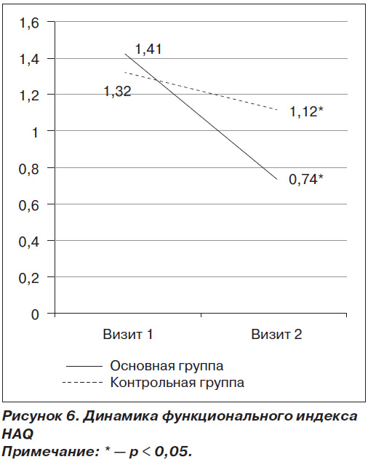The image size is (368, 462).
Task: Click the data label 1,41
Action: (148, 49)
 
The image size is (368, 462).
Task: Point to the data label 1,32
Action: (117, 92)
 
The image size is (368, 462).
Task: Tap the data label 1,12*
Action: (306, 112)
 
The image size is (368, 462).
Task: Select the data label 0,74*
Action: (306, 180)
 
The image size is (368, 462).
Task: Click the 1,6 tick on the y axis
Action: (29, 23)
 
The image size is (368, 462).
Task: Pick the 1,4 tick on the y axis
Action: (29, 60)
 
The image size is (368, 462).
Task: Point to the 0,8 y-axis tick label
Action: (29, 169)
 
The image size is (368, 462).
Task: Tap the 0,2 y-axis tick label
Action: (29, 278)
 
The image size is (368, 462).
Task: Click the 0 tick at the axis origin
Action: (35, 314)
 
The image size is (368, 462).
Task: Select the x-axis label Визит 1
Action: (128, 335)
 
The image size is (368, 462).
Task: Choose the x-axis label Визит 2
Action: (276, 335)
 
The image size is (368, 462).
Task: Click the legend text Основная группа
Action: (167, 366)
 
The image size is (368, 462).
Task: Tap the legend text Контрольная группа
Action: (177, 383)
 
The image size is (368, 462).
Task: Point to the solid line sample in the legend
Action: (84, 366)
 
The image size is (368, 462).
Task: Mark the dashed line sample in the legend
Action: (82, 383)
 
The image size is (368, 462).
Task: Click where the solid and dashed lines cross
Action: (156, 80)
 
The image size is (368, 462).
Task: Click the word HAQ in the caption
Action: (17, 434)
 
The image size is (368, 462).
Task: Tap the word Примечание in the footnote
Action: (50, 451)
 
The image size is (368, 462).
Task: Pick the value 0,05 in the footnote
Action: (171, 451)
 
